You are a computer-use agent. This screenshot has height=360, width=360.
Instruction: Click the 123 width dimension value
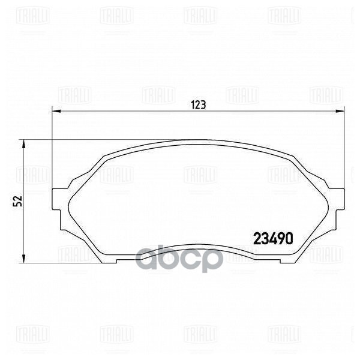(199, 104)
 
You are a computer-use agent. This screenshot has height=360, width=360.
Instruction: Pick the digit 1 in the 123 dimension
(193, 104)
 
